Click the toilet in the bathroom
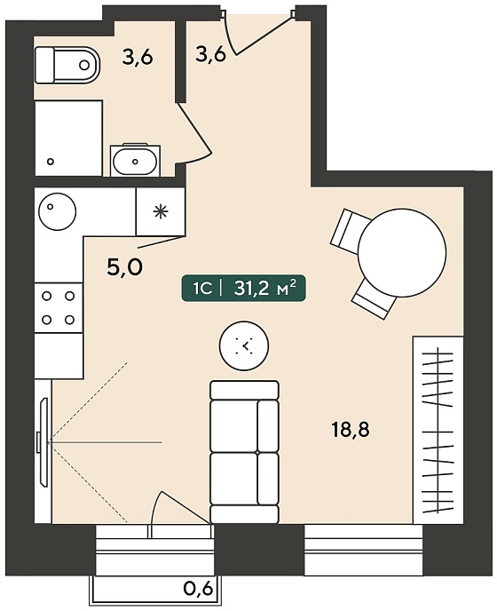67,65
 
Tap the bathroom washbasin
135,161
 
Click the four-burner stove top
59,308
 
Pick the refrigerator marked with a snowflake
160,212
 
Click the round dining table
401,254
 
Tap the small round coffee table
244,345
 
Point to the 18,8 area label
351,430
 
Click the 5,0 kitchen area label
124,267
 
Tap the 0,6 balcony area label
198,589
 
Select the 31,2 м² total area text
264,289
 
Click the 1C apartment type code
202,290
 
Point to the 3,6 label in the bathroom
137,58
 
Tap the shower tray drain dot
50,161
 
